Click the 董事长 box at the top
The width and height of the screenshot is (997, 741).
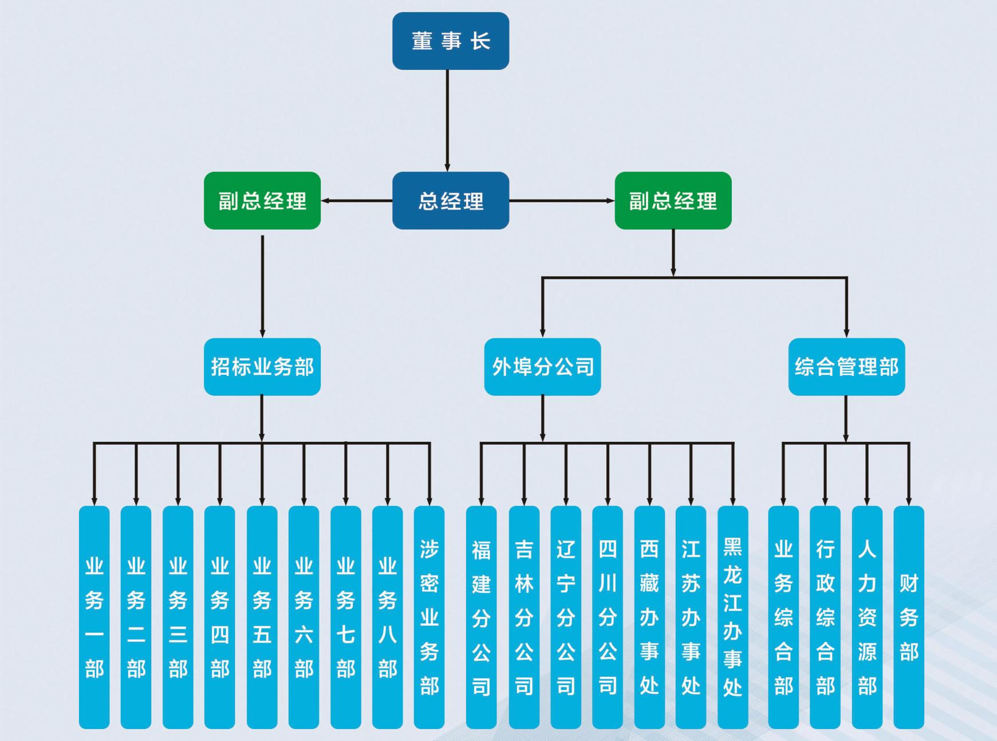[x=451, y=41]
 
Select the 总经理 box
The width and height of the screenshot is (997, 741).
[x=451, y=201]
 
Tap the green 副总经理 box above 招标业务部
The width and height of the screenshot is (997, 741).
[x=262, y=201]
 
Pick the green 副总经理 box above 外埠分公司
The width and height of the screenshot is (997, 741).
[x=673, y=201]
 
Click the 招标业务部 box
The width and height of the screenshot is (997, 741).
[x=262, y=367]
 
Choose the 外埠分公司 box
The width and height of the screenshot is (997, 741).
[x=542, y=367]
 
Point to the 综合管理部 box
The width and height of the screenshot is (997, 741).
[x=846, y=367]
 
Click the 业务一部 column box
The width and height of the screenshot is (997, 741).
[x=94, y=617]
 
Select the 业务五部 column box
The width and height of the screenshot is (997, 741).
[x=262, y=617]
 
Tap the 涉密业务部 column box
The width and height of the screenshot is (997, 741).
[x=429, y=617]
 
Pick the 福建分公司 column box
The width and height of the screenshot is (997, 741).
[x=482, y=617]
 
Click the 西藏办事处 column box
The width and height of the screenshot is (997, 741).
[x=649, y=617]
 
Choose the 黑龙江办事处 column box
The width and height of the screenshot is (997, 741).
[x=733, y=617]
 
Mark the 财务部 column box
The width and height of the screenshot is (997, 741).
[x=909, y=617]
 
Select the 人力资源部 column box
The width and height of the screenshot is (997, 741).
[x=867, y=617]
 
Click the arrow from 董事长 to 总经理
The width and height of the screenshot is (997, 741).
[x=447, y=120]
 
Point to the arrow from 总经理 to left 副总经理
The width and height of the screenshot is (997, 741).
[x=356, y=201]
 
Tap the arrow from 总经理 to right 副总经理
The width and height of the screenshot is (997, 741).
[x=562, y=201]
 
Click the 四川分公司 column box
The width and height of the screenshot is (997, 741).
[x=608, y=617]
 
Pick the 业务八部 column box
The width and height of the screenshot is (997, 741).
[x=388, y=617]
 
